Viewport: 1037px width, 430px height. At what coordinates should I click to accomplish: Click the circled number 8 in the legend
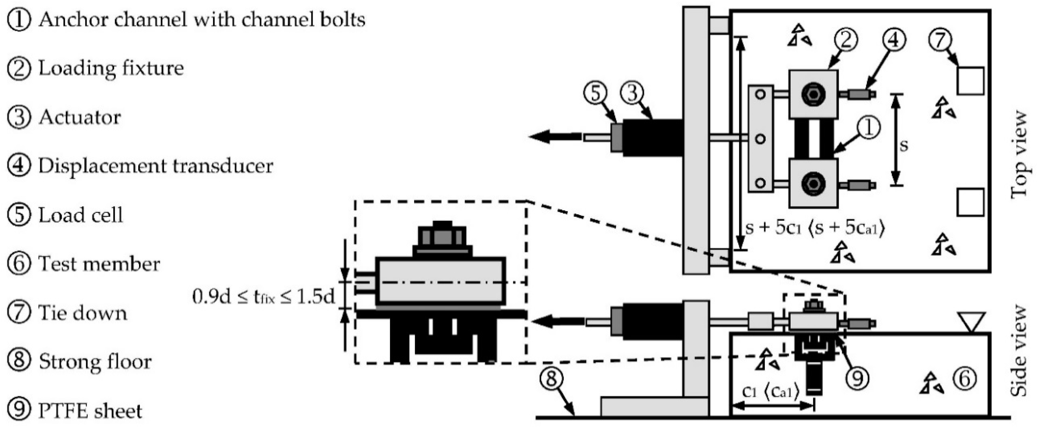[x=19, y=361]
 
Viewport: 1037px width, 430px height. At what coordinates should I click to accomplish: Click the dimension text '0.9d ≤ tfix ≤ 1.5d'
[x=264, y=297]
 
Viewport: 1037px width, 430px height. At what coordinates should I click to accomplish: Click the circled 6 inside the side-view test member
[x=965, y=379]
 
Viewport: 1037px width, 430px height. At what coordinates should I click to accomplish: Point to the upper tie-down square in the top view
[x=970, y=81]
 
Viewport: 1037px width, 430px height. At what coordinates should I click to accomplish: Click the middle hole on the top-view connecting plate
[x=760, y=139]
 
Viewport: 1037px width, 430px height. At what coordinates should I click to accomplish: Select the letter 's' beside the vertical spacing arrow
[x=904, y=145]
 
